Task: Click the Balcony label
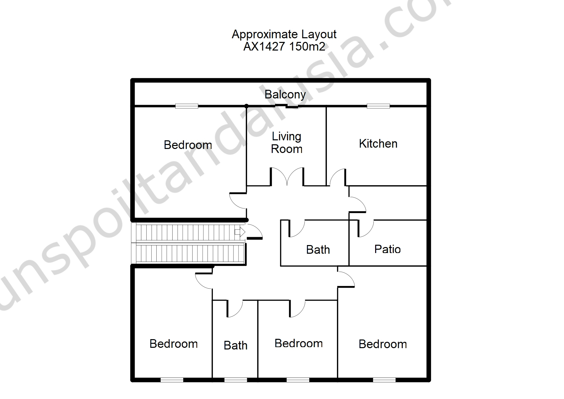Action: (x=285, y=95)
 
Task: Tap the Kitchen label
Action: (x=378, y=144)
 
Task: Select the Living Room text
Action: (x=287, y=143)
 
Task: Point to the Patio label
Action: (x=387, y=249)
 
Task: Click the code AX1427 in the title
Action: (x=264, y=47)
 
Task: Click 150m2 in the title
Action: (x=307, y=47)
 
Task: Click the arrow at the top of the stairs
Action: (x=240, y=232)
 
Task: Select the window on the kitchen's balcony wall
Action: (x=378, y=106)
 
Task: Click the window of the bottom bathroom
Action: (x=236, y=380)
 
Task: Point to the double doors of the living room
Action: (x=287, y=177)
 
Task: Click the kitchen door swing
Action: (x=338, y=177)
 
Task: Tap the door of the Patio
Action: (x=365, y=228)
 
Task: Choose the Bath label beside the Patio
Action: (x=318, y=250)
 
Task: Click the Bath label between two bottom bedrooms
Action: (x=235, y=345)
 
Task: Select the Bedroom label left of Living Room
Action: (x=188, y=145)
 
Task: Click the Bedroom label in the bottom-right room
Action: (x=383, y=344)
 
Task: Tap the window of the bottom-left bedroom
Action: (x=172, y=380)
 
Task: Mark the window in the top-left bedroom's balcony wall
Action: (x=187, y=106)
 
